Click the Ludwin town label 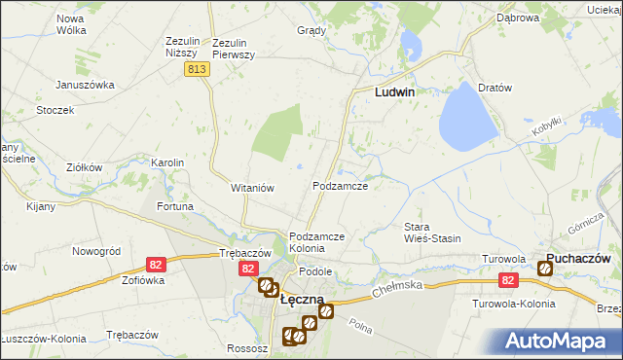(x=395, y=92)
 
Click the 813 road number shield (x=198, y=69)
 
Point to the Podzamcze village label (x=340, y=185)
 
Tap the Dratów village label (x=495, y=88)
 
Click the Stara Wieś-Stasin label (x=432, y=233)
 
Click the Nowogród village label (x=96, y=251)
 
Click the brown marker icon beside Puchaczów (x=545, y=269)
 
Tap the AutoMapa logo (x=558, y=341)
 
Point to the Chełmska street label (x=399, y=286)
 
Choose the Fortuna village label (x=174, y=207)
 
